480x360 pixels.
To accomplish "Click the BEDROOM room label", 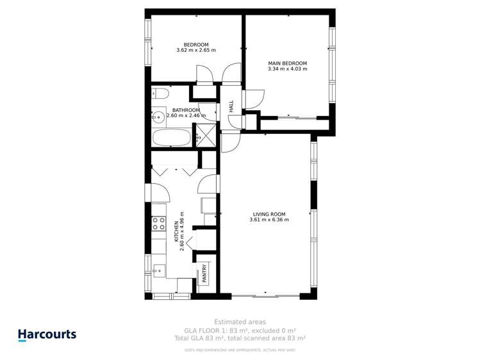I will tap(196, 45).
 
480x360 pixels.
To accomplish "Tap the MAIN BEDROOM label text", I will tap(287, 63).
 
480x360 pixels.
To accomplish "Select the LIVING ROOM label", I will tap(269, 215).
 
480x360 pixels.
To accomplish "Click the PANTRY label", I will tap(205, 274).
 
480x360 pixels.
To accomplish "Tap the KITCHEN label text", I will tap(176, 231).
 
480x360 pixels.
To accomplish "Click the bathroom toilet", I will tap(160, 94).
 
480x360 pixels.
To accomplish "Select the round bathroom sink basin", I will tap(156, 117).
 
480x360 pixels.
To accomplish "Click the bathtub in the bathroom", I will tap(172, 138).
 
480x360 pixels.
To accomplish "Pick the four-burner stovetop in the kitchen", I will tap(158, 223).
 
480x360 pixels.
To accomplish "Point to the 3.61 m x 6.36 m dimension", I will tap(269, 220).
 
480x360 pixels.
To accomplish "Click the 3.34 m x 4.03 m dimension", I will tap(287, 69).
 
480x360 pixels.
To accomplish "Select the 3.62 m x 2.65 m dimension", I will tap(196, 50).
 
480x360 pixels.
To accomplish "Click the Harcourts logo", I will tap(47, 334).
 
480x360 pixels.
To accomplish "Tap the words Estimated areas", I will tap(240, 322).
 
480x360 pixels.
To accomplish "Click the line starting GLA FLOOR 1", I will tap(240, 330).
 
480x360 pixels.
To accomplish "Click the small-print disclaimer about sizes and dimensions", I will tap(240, 350).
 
